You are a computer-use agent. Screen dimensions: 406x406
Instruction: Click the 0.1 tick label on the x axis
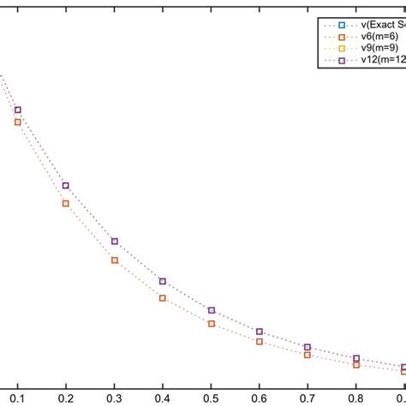coord(17,398)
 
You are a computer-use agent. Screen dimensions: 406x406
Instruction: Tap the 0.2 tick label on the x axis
coord(65,398)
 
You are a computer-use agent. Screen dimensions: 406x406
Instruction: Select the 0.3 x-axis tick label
coord(114,398)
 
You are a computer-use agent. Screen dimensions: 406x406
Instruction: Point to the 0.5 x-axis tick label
coord(211,398)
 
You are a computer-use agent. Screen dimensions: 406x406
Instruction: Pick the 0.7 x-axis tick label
coord(307,398)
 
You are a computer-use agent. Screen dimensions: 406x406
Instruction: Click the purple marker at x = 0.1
coord(17,110)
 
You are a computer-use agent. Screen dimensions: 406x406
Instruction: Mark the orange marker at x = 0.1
coord(17,122)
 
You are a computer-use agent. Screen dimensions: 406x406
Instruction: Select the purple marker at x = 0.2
coord(65,185)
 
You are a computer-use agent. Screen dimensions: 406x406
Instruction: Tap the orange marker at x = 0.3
coord(114,260)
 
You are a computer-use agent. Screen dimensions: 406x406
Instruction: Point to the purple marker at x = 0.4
coord(163,281)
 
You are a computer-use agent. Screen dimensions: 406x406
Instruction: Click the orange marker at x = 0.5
coord(211,323)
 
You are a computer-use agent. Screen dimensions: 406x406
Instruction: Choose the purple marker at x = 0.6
coord(260,331)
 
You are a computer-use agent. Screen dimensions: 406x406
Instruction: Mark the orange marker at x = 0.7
coord(307,354)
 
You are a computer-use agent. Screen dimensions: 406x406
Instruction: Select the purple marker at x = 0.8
coord(356,358)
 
